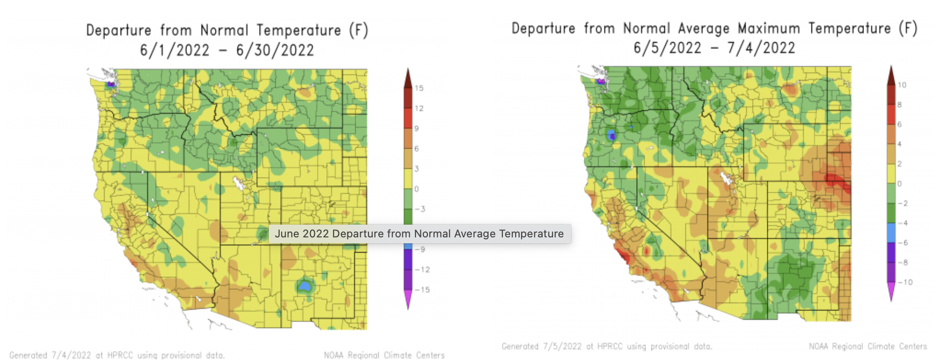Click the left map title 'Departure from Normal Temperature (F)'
(227, 30)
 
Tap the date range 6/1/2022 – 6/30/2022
(227, 50)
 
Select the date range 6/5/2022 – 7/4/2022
(714, 48)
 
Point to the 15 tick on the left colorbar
(418, 88)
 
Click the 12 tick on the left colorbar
(418, 108)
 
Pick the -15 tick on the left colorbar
(421, 290)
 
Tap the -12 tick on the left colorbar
(421, 270)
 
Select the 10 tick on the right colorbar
(902, 85)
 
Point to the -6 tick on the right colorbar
(903, 243)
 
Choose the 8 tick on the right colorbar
(899, 104)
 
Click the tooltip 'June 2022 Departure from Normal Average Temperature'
(419, 233)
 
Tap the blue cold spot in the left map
(305, 286)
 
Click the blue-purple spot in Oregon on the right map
(612, 135)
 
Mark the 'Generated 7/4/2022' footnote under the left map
(117, 355)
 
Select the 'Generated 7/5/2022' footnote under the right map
(606, 346)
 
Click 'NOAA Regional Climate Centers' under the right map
(867, 346)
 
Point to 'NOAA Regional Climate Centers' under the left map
(384, 355)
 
